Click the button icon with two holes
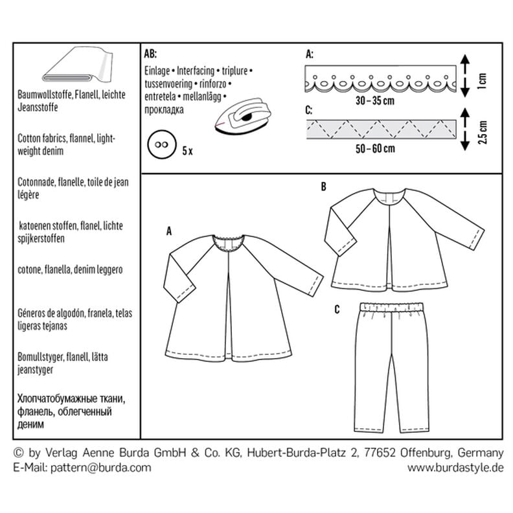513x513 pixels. point(162,145)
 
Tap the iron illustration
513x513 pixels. point(244,115)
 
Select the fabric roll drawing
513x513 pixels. point(78,64)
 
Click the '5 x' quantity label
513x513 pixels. point(187,151)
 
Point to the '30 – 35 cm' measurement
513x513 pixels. point(375,101)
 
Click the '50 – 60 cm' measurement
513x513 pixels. point(375,148)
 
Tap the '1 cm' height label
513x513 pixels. point(482,81)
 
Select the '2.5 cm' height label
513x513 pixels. point(482,132)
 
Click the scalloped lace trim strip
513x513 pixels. point(380,78)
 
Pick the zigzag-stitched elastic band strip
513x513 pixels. point(381,130)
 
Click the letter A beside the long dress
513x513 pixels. point(169,231)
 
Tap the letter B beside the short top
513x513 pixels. point(323,187)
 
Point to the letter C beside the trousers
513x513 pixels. point(337,309)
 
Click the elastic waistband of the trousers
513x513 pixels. point(391,308)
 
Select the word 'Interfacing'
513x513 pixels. point(196,71)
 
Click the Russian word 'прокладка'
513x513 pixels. point(164,109)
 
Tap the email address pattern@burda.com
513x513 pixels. point(101,468)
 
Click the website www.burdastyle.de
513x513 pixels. point(455,468)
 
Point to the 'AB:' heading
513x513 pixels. point(150,54)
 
